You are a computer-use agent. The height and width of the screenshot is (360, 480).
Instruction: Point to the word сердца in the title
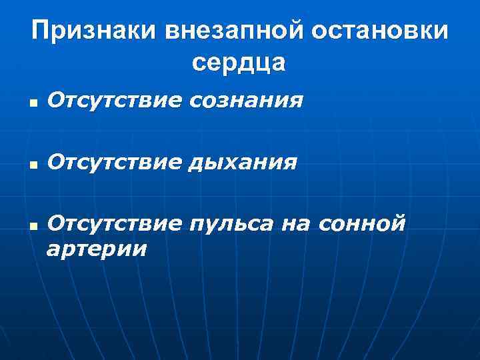tap(239, 62)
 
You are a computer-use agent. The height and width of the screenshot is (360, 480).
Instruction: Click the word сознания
tap(247, 101)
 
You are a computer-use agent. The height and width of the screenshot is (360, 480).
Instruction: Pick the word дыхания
tap(243, 162)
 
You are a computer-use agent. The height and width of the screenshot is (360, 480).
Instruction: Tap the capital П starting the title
tap(41, 31)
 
